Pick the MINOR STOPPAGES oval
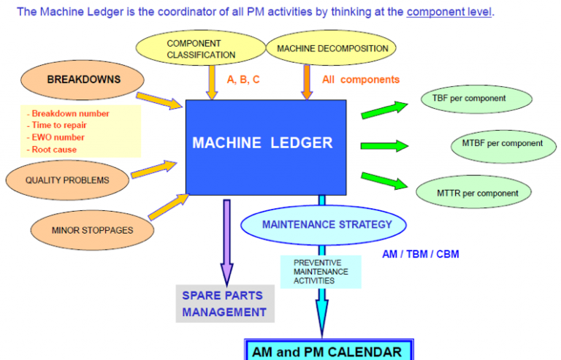click(x=92, y=230)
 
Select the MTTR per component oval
click(x=479, y=193)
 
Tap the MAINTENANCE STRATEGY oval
click(x=327, y=224)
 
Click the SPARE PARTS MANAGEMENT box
click(x=224, y=304)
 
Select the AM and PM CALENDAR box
click(x=327, y=351)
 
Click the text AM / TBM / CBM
click(x=421, y=254)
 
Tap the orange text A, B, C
click(x=243, y=80)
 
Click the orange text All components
click(x=361, y=80)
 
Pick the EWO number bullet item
click(x=58, y=137)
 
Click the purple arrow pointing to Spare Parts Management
click(x=227, y=241)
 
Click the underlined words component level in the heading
click(x=449, y=12)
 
